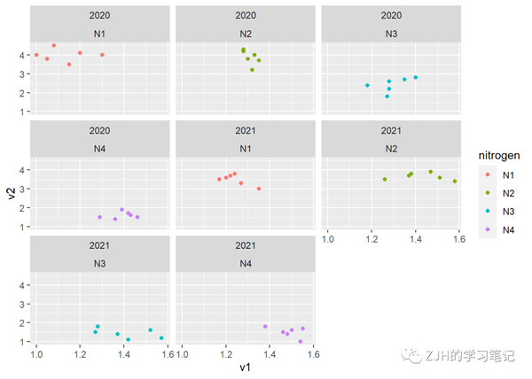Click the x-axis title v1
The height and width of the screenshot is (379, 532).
(244, 366)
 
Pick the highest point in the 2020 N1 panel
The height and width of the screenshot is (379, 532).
(54, 45)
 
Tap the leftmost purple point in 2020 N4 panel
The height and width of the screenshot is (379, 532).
(99, 217)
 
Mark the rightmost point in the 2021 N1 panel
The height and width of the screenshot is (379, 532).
(259, 189)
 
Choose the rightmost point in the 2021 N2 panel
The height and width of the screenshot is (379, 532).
(455, 182)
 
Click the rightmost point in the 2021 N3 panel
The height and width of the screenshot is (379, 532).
(161, 337)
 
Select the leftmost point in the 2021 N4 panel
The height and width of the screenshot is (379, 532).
(265, 327)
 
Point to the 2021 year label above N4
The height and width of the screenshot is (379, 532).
(246, 244)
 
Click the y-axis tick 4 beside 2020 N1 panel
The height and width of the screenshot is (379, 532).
(22, 55)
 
